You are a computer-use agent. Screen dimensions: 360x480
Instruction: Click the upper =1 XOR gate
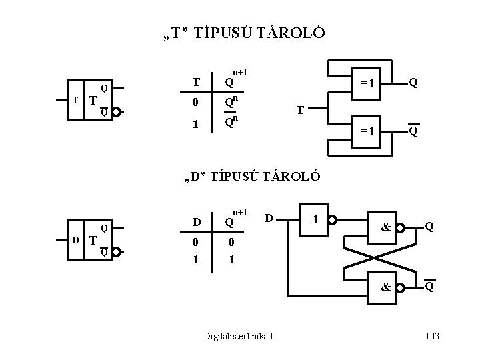pyautogui.click(x=369, y=83)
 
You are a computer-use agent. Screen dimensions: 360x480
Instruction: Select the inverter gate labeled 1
pyautogui.click(x=315, y=219)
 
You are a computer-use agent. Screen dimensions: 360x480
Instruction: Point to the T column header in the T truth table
pyautogui.click(x=195, y=83)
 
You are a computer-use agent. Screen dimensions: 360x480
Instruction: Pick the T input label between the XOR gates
pyautogui.click(x=301, y=111)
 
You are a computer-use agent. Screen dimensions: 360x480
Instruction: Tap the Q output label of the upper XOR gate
pyautogui.click(x=414, y=83)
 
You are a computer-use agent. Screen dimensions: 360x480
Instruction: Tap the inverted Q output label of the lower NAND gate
pyautogui.click(x=431, y=287)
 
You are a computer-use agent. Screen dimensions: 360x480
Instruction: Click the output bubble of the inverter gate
pyautogui.click(x=333, y=219)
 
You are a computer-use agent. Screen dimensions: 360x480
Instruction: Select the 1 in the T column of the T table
pyautogui.click(x=195, y=124)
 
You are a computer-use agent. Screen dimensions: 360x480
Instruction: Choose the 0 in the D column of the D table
pyautogui.click(x=195, y=243)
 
